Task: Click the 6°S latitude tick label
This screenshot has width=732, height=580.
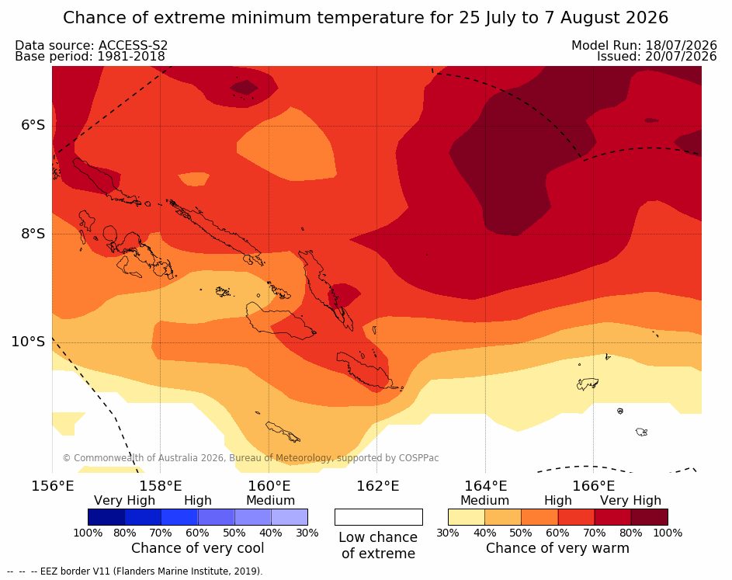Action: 33,125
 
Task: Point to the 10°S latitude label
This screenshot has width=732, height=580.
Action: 29,342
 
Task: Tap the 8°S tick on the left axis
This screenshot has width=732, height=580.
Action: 33,234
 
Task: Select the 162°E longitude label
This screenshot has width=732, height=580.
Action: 377,486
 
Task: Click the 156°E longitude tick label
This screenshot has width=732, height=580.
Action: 52,486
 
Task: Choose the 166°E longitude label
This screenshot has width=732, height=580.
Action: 593,486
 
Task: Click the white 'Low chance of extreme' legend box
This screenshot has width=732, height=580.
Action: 379,517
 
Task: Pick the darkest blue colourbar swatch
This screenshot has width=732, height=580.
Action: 106,517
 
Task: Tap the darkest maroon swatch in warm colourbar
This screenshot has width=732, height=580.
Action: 650,517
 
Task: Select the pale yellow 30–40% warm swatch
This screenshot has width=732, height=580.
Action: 467,517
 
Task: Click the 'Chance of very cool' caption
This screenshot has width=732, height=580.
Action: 197,548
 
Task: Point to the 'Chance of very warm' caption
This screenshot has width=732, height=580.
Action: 557,548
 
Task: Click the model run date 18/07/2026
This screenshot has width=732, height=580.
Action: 681,45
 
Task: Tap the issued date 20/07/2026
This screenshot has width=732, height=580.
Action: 681,57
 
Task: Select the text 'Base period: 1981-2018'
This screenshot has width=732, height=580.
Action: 90,57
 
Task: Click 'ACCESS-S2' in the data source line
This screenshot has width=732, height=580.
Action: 133,45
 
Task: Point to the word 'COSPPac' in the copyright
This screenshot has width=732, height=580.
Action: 418,458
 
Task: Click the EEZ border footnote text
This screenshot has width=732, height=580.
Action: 135,571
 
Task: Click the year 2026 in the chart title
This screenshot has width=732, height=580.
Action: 647,18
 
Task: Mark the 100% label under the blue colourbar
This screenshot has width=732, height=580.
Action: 88,533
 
